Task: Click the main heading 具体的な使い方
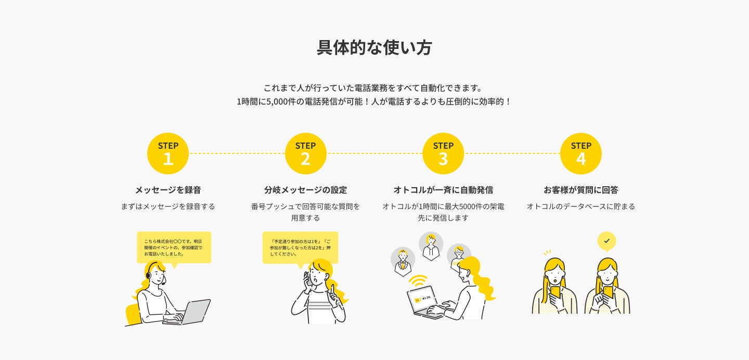coord(374,47)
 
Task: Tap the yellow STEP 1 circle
coord(168,153)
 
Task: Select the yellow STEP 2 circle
coord(305,153)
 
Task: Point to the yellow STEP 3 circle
coord(443,153)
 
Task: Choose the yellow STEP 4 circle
coord(580,153)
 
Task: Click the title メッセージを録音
coord(167,190)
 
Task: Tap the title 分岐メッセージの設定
coord(305,190)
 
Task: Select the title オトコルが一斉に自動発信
coord(443,190)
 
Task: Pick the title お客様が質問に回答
coord(580,190)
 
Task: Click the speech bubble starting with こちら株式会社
coord(174,247)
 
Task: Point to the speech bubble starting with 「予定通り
coord(300,247)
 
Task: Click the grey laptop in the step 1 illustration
coord(190,312)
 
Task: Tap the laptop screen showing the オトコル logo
coord(422,300)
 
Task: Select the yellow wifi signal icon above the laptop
coord(418,281)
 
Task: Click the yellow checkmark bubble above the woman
coord(606,240)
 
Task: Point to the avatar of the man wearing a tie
coord(403,260)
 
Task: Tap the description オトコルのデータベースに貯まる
coord(580,207)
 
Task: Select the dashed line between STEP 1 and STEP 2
coord(237,153)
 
